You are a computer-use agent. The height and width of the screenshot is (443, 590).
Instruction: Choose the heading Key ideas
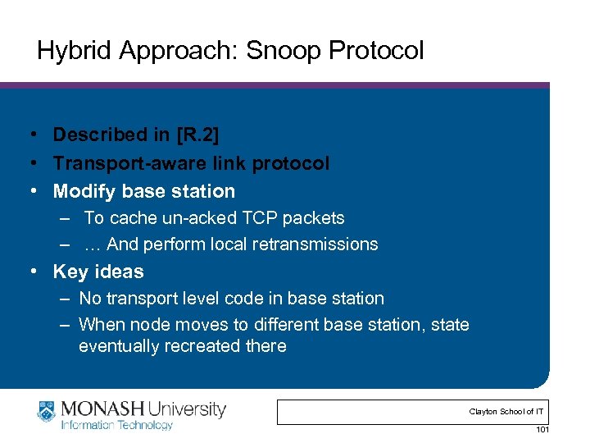click(x=98, y=272)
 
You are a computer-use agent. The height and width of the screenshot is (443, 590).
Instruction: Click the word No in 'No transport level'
click(x=90, y=299)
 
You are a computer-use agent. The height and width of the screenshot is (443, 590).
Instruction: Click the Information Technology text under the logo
click(x=117, y=425)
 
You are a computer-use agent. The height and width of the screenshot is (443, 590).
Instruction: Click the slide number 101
click(x=541, y=430)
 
